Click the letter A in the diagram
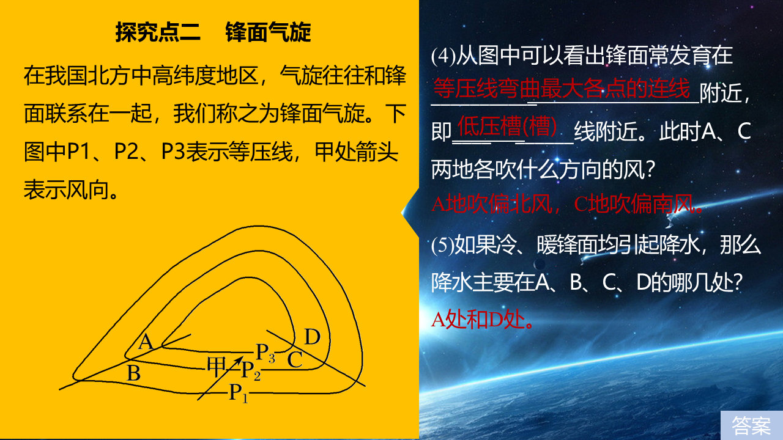146,342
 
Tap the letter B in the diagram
133,373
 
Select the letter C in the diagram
295,359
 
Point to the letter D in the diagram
312,337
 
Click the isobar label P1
239,392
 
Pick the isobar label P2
251,370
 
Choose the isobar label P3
265,352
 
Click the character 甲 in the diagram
217,367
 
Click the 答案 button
752,425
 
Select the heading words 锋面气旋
268,32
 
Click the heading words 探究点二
158,32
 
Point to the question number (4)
443,56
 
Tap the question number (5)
443,245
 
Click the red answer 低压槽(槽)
507,126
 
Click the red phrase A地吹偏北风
492,204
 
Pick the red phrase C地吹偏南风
639,204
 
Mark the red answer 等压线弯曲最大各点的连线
562,89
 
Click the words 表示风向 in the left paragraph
66,190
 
